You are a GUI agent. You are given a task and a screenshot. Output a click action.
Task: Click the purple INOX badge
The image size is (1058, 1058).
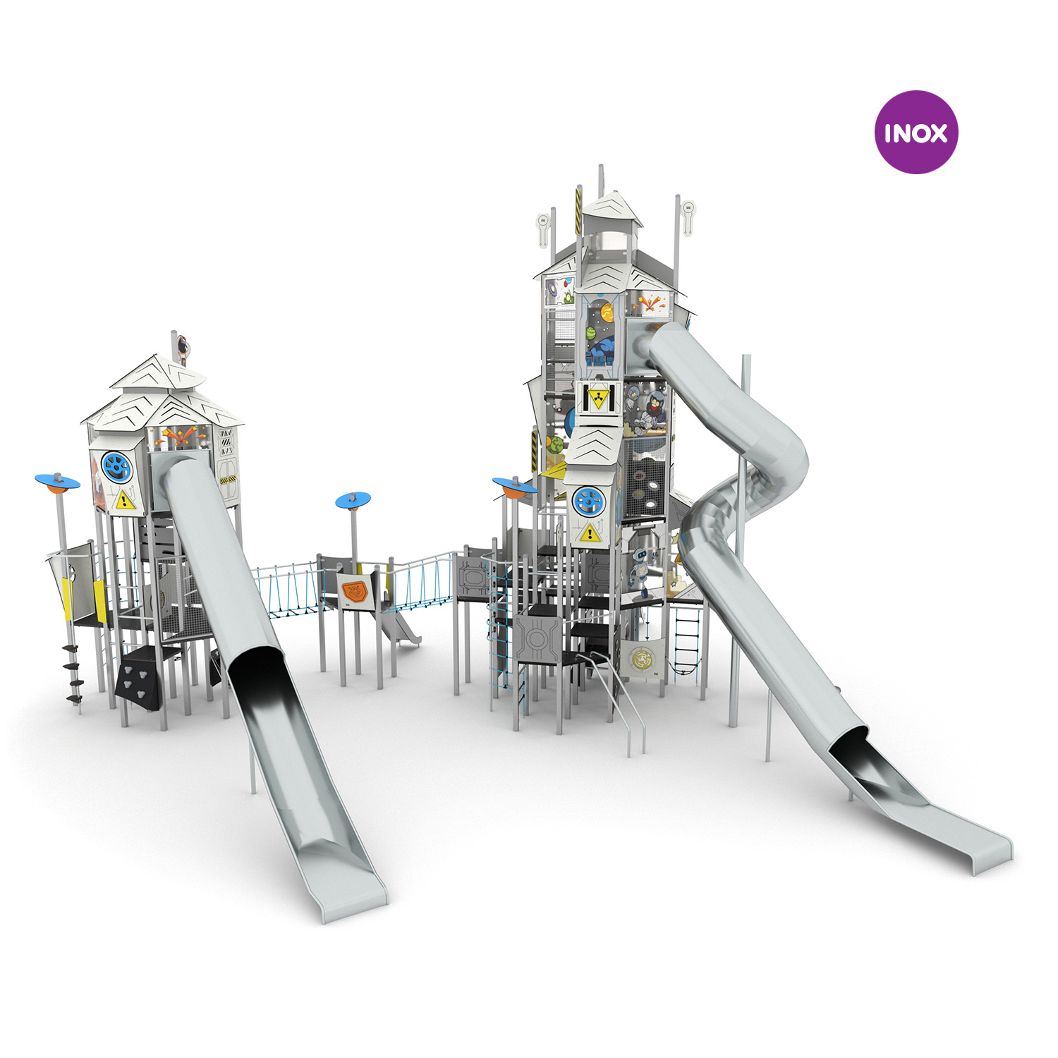[x=916, y=132]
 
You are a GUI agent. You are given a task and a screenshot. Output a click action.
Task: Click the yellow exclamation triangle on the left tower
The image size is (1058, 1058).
[x=124, y=501]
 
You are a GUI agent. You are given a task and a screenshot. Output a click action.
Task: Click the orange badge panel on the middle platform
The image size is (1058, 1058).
[x=355, y=591]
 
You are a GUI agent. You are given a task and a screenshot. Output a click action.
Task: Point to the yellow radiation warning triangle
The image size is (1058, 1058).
[x=597, y=399]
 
